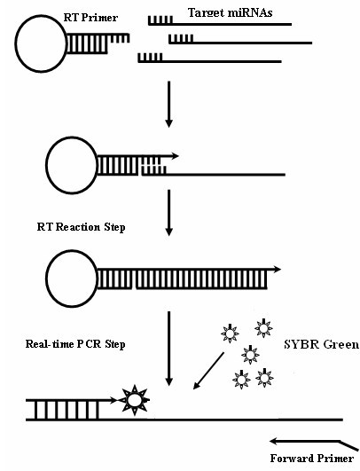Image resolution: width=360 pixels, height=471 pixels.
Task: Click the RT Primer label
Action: (90, 18)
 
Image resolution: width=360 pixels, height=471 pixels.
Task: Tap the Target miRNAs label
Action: (231, 12)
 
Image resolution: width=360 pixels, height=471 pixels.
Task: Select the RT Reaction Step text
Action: (81, 227)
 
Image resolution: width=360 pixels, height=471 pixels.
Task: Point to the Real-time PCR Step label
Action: (75, 344)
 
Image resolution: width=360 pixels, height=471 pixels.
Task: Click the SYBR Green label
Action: (321, 344)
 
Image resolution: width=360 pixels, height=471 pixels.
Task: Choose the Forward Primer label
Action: (312, 459)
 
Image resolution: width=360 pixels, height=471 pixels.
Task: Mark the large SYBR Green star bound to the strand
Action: (134, 400)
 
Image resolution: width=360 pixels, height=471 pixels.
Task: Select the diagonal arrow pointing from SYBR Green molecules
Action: (208, 371)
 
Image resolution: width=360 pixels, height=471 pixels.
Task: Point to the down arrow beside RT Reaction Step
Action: (169, 213)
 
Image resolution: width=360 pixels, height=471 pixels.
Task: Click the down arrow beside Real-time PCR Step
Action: (169, 349)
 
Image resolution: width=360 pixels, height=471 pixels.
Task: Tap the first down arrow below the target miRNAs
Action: (169, 105)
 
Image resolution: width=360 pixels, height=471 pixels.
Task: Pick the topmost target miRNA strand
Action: (220, 24)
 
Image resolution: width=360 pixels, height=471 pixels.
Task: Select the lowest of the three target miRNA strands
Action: (209, 61)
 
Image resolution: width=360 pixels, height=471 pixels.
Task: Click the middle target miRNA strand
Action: (240, 43)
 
